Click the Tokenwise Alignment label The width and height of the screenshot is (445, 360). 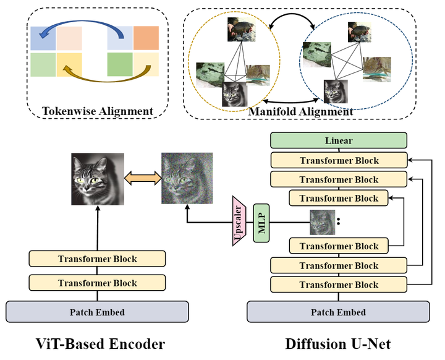[x=98, y=111]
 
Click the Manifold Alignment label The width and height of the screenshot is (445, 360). [x=300, y=111]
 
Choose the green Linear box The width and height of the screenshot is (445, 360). [x=339, y=140]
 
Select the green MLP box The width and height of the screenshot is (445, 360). [x=261, y=222]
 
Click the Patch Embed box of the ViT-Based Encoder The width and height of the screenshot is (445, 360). [x=97, y=312]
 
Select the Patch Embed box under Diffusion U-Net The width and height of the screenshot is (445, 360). [x=339, y=312]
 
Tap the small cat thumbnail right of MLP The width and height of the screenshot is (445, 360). [x=322, y=222]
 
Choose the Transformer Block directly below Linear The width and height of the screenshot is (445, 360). [x=339, y=160]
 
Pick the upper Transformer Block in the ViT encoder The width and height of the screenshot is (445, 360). [x=97, y=259]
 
